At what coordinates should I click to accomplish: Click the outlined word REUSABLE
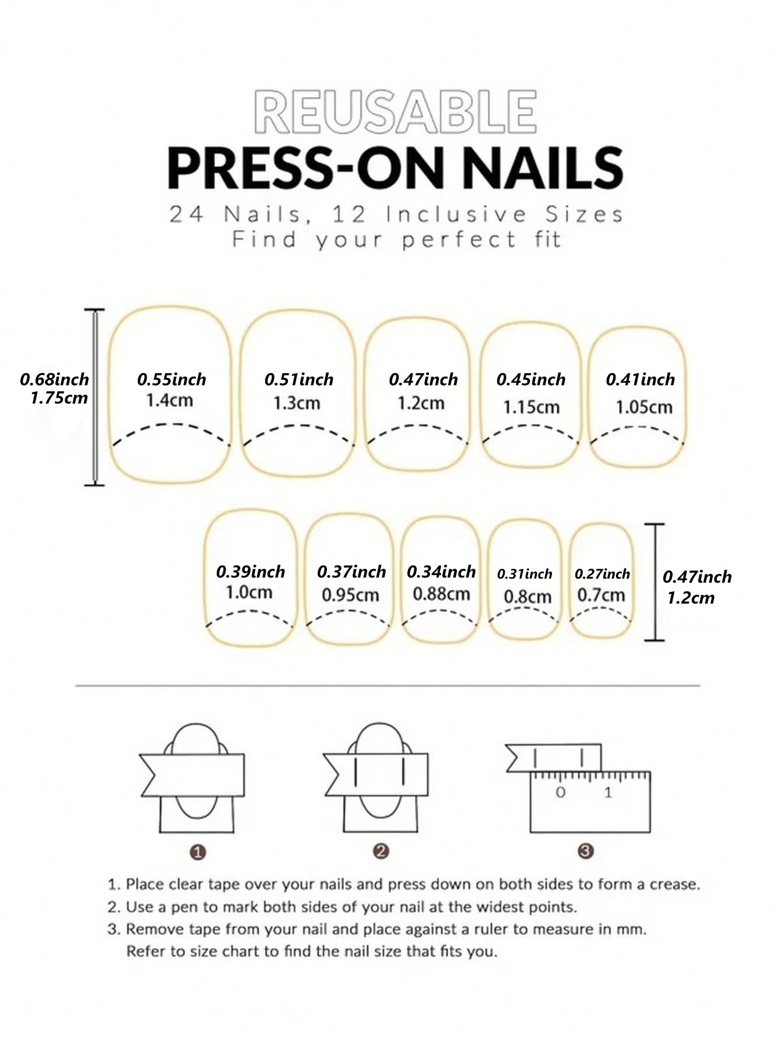(395, 111)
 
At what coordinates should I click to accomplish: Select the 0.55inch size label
(171, 380)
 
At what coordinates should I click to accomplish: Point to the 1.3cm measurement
(297, 403)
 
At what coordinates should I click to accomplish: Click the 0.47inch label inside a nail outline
(423, 380)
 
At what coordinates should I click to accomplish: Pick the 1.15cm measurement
(531, 406)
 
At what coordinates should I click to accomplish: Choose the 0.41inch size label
(640, 380)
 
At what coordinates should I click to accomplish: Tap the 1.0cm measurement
(249, 593)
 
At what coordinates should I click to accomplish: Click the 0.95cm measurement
(350, 595)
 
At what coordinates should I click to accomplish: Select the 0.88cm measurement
(441, 594)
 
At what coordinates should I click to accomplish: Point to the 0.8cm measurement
(527, 597)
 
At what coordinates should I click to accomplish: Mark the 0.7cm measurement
(601, 595)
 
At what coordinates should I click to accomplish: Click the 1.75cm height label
(59, 398)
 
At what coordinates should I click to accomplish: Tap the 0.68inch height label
(54, 380)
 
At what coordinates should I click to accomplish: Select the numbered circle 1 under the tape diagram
(198, 853)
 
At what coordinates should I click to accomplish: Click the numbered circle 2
(381, 851)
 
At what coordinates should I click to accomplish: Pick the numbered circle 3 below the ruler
(586, 851)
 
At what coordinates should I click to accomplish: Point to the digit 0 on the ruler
(560, 793)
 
